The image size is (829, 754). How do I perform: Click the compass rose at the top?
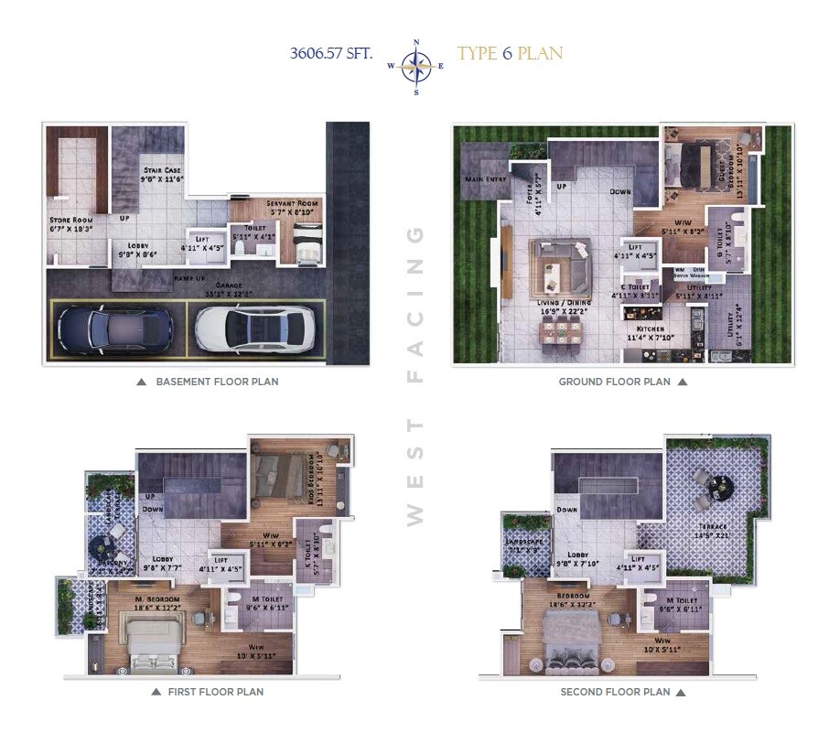[416, 66]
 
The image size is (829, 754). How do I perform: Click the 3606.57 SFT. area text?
[331, 53]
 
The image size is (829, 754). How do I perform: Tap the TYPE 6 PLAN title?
[510, 53]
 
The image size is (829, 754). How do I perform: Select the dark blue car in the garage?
[114, 328]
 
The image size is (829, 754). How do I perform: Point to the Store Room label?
[70, 221]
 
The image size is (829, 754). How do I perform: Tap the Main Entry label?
[486, 179]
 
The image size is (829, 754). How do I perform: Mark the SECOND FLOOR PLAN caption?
[615, 693]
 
